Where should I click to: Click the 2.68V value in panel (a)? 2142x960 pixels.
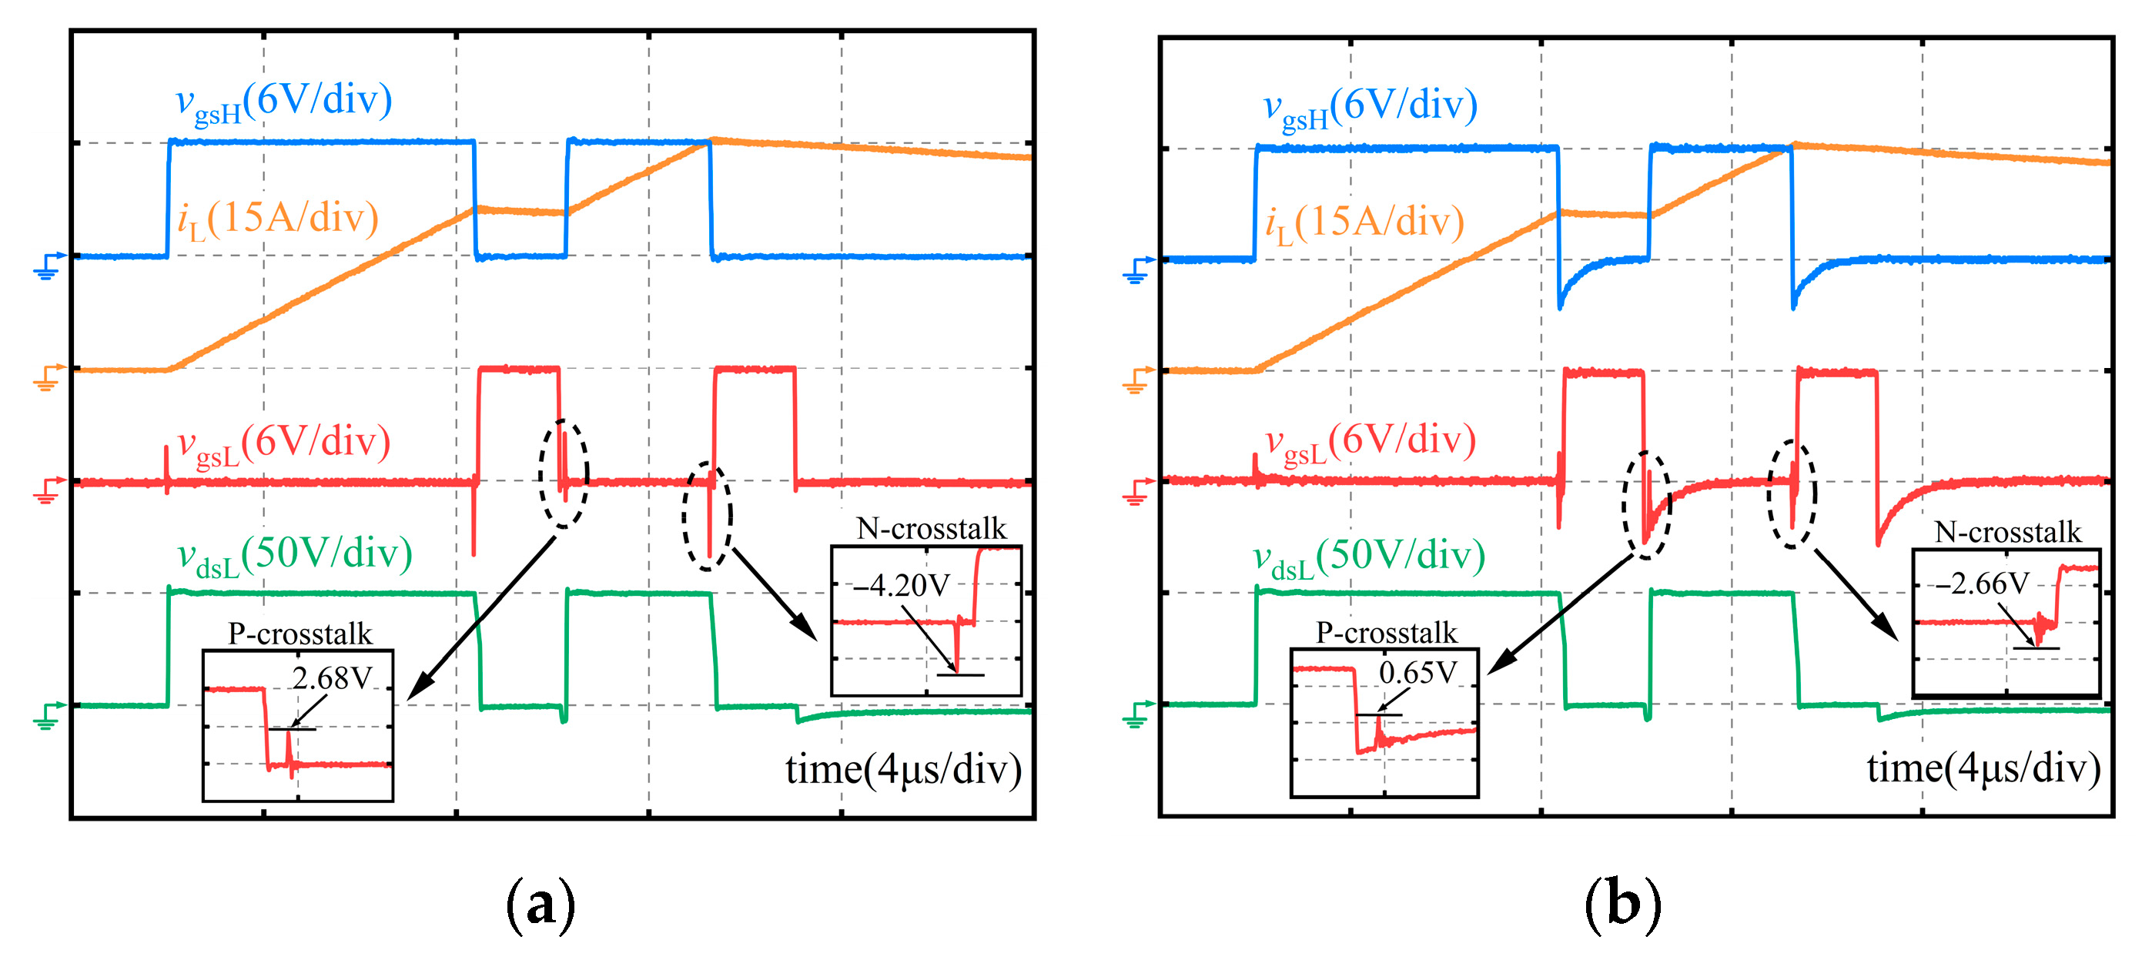point(332,678)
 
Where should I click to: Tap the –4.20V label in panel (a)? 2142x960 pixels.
point(902,585)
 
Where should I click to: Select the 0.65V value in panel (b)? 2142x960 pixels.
point(1417,672)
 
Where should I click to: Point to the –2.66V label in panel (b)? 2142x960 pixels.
point(1982,584)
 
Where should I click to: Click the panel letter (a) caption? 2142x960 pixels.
point(541,905)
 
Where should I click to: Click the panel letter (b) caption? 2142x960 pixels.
point(1622,905)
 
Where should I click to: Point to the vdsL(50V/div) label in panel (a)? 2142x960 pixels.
point(294,555)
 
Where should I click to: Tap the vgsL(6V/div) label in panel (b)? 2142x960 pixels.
point(1371,442)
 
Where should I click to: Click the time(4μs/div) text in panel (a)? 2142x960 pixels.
point(903,769)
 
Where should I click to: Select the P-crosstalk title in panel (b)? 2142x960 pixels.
point(1386,633)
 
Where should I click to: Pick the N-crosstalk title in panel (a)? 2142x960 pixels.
point(932,529)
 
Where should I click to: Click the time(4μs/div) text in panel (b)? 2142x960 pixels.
point(1983,768)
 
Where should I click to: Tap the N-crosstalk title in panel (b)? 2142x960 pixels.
point(2007,532)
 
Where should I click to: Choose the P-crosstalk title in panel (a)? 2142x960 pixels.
point(300,634)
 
